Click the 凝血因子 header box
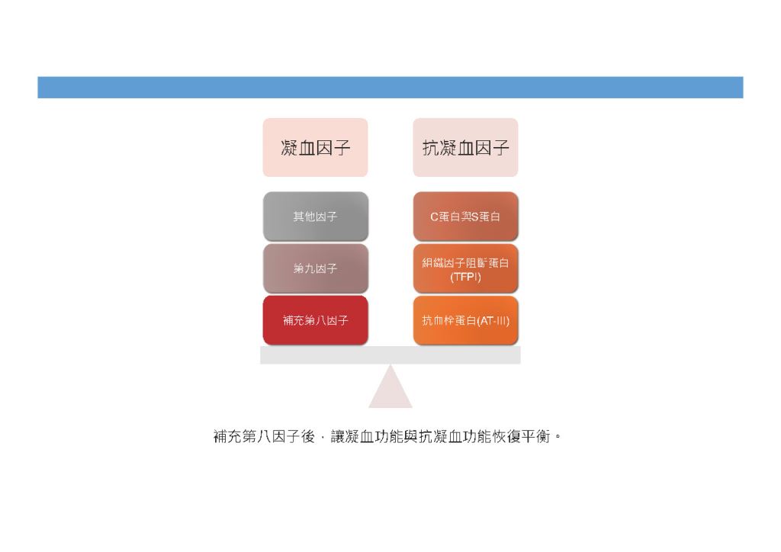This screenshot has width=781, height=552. [315, 147]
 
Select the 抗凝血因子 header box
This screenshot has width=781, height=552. [465, 147]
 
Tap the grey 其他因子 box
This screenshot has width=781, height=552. [316, 217]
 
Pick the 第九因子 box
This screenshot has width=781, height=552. [316, 268]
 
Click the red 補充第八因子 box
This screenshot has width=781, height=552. [316, 320]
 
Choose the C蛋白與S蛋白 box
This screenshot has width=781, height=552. [466, 217]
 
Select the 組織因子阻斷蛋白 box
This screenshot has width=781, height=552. [466, 268]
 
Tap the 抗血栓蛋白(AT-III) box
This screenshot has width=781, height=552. [466, 320]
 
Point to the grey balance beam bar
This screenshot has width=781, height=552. [390, 355]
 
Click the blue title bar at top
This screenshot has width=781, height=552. [390, 88]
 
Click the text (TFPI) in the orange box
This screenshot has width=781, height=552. [466, 277]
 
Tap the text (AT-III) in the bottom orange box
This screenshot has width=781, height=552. [493, 320]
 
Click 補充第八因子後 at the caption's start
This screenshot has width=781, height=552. [264, 437]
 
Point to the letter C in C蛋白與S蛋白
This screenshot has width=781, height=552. [434, 217]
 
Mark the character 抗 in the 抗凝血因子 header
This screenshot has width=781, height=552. [431, 148]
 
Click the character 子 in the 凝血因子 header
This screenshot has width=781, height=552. [342, 148]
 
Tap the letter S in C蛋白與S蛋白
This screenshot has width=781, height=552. [474, 217]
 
